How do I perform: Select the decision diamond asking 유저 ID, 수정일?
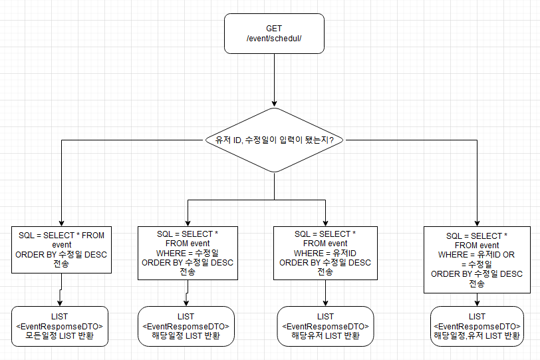pos(274,140)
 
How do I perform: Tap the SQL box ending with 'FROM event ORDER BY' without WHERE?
pos(61,250)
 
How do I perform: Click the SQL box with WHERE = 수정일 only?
pos(188,253)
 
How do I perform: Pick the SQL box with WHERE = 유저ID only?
pos(325,253)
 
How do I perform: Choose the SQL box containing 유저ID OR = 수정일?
pos(477,260)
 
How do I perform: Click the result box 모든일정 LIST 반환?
pos(61,325)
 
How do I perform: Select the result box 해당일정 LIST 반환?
pos(187,325)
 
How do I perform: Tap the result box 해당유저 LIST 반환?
pos(325,325)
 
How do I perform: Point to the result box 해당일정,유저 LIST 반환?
pos(477,325)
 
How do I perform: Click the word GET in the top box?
pos(274,29)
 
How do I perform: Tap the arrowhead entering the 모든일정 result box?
pos(61,303)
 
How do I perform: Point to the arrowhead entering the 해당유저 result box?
pos(325,303)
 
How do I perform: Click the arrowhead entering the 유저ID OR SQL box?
pos(477,222)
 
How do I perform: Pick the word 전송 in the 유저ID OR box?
pos(477,283)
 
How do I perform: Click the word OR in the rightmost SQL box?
pos(508,255)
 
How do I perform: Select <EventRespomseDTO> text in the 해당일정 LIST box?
pos(187,326)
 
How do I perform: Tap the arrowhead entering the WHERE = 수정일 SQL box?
pos(188,222)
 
